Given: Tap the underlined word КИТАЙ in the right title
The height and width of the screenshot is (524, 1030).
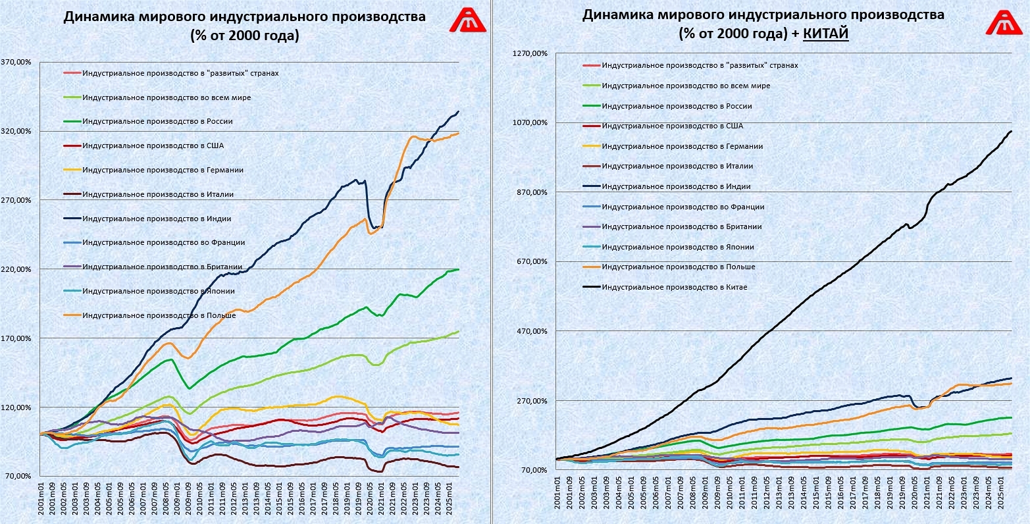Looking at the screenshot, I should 825,34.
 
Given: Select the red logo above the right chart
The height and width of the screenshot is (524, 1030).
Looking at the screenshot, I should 1004,22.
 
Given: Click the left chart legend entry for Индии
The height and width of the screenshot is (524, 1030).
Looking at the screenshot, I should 157,219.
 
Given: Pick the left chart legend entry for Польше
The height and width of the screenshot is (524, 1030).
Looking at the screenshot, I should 159,315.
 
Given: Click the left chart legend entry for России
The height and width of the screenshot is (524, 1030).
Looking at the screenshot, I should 157,122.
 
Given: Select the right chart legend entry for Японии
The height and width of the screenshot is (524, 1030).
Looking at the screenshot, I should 677,247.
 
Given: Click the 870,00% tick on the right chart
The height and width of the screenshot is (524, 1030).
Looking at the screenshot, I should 532,192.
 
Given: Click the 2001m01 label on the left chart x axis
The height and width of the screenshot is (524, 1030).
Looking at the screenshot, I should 41,500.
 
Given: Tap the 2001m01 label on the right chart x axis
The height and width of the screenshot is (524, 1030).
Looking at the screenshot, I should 557,493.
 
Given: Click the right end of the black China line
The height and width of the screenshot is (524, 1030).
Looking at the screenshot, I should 1012,132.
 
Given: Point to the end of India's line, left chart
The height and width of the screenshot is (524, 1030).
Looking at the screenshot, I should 458,112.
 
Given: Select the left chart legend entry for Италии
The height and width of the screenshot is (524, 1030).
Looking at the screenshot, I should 158,194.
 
